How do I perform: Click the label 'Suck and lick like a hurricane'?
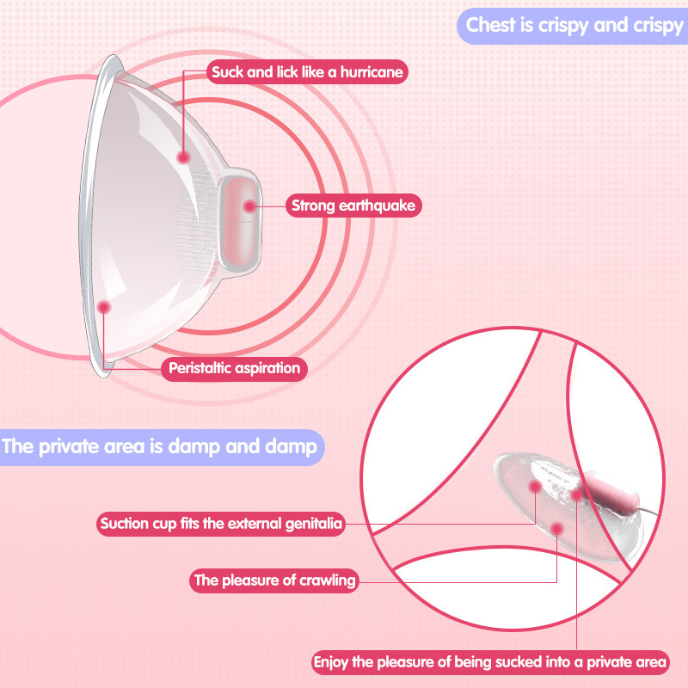click(306, 72)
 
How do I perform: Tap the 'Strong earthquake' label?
click(353, 206)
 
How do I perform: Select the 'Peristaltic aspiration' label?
click(234, 369)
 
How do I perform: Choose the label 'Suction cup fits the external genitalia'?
click(222, 523)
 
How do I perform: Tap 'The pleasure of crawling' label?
click(274, 580)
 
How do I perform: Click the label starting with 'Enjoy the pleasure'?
click(489, 662)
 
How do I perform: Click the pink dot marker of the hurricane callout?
click(183, 157)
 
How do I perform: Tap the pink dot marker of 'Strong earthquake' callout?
click(249, 206)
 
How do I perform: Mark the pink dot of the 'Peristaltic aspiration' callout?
click(104, 306)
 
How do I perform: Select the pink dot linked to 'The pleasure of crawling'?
click(557, 526)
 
